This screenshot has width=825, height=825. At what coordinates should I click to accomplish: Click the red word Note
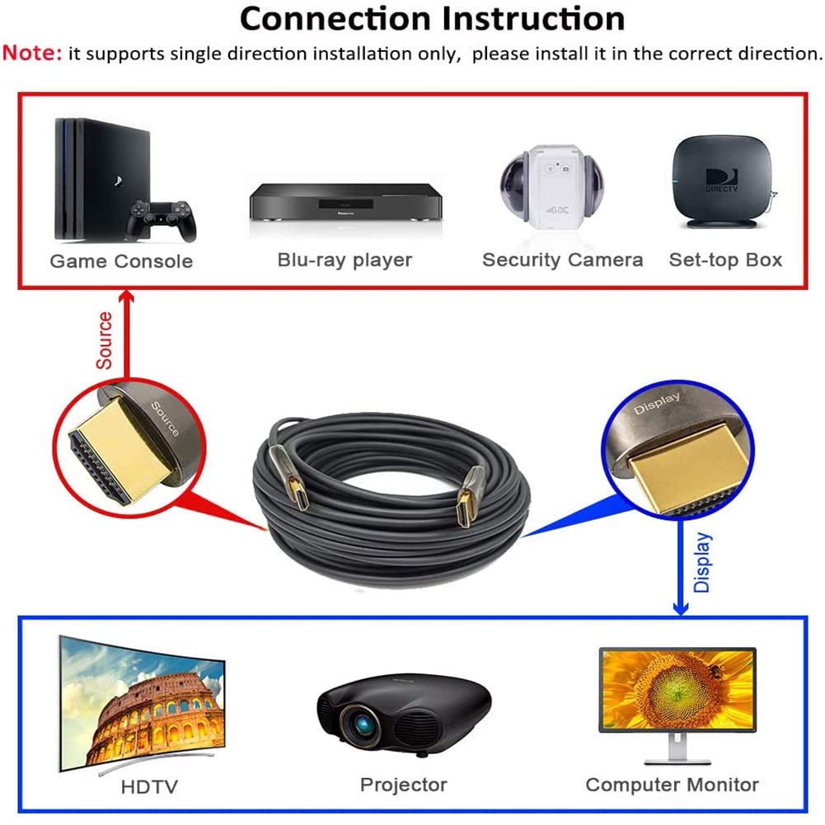(x=32, y=53)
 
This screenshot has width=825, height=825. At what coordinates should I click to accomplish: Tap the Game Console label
(x=121, y=261)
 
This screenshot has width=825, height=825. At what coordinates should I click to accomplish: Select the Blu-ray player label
(x=345, y=260)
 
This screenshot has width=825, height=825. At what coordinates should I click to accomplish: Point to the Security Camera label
(x=562, y=260)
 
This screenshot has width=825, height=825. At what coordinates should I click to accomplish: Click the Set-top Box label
(x=725, y=260)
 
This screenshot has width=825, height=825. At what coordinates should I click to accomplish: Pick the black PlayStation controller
(x=161, y=220)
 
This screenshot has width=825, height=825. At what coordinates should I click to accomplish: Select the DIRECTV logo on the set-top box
(x=721, y=180)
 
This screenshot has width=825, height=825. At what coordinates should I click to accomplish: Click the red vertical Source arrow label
(x=104, y=340)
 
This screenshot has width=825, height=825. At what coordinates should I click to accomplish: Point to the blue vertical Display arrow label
(x=702, y=562)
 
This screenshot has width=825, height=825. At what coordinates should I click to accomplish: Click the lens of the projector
(x=363, y=725)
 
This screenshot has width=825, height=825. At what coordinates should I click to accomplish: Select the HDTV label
(x=149, y=787)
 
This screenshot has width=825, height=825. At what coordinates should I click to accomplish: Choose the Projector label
(x=404, y=785)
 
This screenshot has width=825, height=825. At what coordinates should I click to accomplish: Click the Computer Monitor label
(x=672, y=785)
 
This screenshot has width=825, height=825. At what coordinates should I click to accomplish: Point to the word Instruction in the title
(x=533, y=19)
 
